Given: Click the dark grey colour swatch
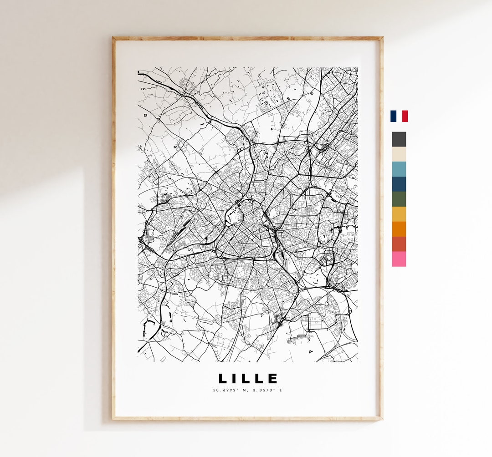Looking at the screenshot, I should (399, 139).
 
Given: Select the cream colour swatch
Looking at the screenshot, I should (399, 154).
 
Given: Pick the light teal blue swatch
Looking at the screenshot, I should (399, 169).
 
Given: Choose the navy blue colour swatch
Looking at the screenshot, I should (399, 184).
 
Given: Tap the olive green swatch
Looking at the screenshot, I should (399, 199).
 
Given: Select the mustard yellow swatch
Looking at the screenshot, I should (399, 214).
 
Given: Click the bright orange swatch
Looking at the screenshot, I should (399, 229).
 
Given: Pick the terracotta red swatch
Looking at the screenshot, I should (399, 244).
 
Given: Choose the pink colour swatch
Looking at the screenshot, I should (399, 259).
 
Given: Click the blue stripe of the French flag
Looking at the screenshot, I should (393, 116).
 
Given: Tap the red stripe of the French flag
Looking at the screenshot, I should (405, 116).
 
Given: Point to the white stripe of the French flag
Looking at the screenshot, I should (399, 116).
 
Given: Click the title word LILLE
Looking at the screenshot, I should (248, 379).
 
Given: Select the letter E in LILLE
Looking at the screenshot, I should (272, 379).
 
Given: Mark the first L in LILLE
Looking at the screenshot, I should (223, 379).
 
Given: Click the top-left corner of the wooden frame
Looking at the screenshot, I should (114, 38).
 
